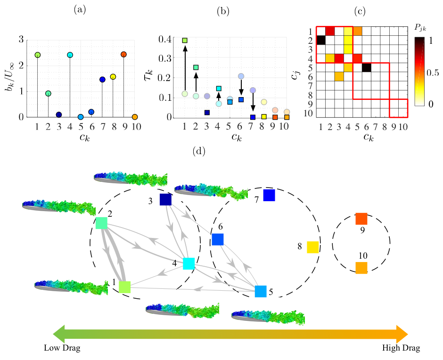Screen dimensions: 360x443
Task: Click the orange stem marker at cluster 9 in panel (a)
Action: (x=123, y=55)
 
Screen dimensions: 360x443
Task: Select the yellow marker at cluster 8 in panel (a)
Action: (x=113, y=77)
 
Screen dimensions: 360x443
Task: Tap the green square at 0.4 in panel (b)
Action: (x=185, y=41)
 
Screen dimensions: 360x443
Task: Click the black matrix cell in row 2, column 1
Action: (x=321, y=41)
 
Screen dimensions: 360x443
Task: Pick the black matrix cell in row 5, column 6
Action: (x=366, y=68)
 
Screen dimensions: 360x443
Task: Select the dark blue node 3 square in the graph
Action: (x=165, y=199)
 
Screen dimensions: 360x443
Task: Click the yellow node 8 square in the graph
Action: (x=312, y=247)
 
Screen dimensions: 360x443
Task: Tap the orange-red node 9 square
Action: (x=361, y=219)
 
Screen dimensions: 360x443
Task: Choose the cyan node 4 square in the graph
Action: (x=189, y=263)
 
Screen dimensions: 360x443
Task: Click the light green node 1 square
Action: (x=124, y=286)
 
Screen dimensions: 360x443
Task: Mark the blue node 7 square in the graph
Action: (x=269, y=195)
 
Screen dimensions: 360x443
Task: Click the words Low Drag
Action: (x=62, y=348)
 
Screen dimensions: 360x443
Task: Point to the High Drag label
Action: (x=401, y=348)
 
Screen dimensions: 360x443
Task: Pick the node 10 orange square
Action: (x=361, y=268)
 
